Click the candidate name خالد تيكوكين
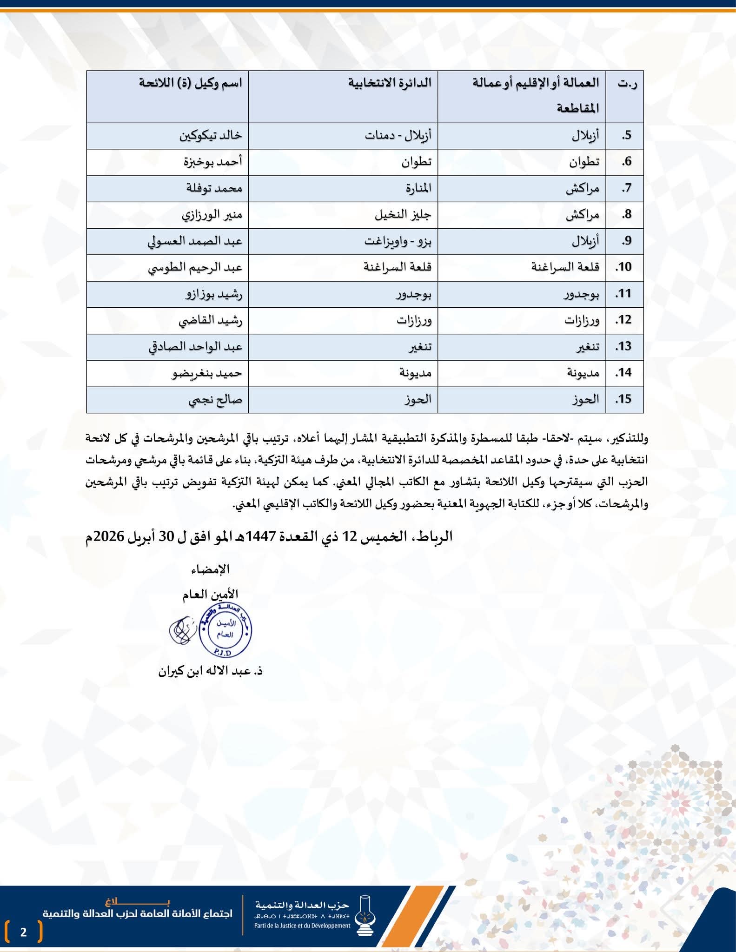click(211, 136)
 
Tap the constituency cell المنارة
click(418, 188)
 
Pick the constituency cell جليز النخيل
click(403, 215)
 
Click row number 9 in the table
click(626, 241)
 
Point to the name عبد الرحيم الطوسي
click(195, 268)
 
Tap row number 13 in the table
click(623, 347)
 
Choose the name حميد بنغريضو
click(207, 373)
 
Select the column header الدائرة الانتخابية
click(390, 84)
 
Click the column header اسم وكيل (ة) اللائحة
click(190, 84)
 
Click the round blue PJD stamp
click(225, 631)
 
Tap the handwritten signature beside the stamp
click(180, 631)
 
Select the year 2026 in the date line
click(109, 537)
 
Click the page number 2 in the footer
click(24, 932)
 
